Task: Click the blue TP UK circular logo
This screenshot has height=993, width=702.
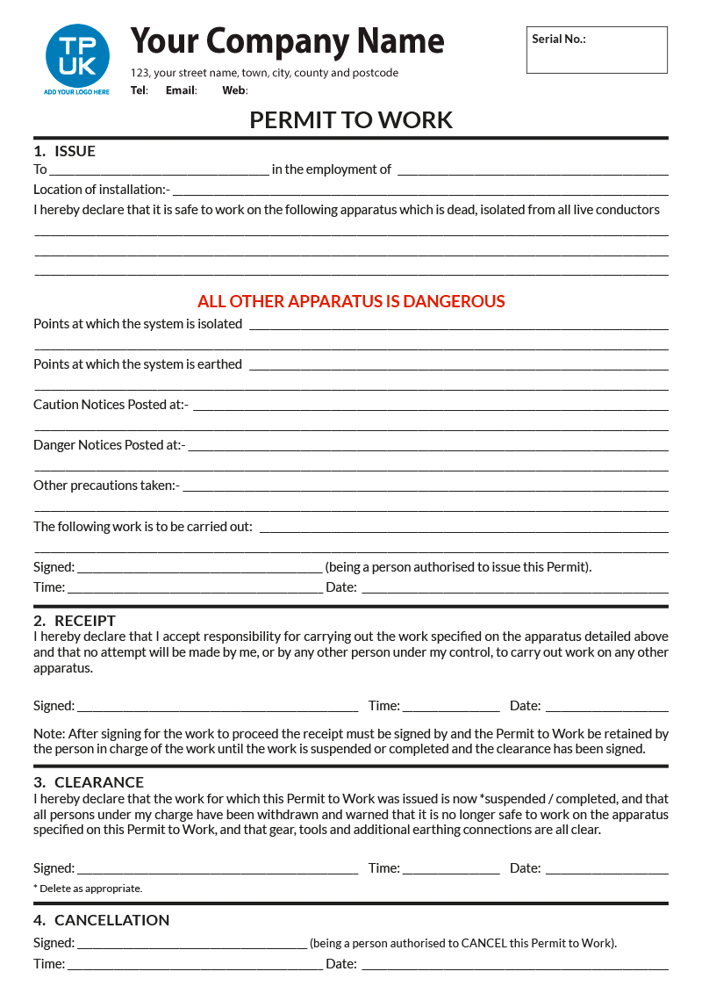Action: (77, 55)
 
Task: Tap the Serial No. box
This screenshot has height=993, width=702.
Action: (597, 50)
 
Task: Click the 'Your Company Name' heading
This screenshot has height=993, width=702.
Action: (287, 41)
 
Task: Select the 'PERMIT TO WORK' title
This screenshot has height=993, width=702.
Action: (351, 120)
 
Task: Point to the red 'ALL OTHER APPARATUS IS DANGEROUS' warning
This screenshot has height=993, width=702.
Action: (351, 301)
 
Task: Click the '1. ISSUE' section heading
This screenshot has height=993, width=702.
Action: (65, 151)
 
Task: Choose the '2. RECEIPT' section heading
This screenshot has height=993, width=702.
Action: (75, 621)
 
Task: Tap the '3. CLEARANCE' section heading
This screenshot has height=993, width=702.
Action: (89, 782)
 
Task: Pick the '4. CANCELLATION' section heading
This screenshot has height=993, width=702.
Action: (102, 920)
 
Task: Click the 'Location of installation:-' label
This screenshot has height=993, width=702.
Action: (102, 190)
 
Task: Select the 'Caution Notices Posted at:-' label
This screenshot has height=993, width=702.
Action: (111, 405)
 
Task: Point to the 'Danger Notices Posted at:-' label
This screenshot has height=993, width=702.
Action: (109, 445)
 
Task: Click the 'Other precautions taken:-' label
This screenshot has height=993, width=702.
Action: (106, 486)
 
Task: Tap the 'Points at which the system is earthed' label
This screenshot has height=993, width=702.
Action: (138, 364)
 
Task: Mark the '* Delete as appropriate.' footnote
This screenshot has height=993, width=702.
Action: (88, 889)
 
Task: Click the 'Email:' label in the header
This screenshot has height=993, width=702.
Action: (181, 90)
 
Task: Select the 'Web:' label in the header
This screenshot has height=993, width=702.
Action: (234, 90)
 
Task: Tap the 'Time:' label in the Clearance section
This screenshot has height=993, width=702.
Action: (384, 868)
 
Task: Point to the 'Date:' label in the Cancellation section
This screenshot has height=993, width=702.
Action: (341, 964)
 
